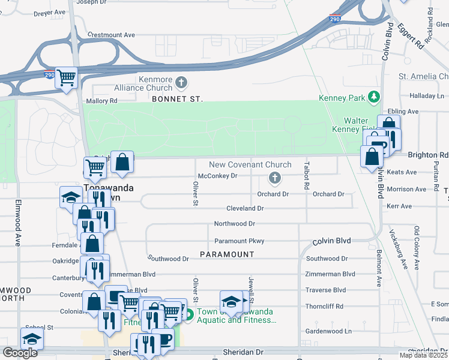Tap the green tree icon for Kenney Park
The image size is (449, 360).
375,97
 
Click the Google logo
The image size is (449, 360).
20,353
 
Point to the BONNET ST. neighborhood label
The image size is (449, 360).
177,98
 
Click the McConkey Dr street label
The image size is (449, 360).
218,176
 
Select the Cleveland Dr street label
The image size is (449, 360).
245,208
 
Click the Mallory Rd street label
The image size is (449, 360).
101,101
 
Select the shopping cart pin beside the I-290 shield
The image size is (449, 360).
66,78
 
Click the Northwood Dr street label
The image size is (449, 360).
235,224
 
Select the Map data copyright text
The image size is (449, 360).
424,355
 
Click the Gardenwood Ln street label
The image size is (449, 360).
328,331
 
